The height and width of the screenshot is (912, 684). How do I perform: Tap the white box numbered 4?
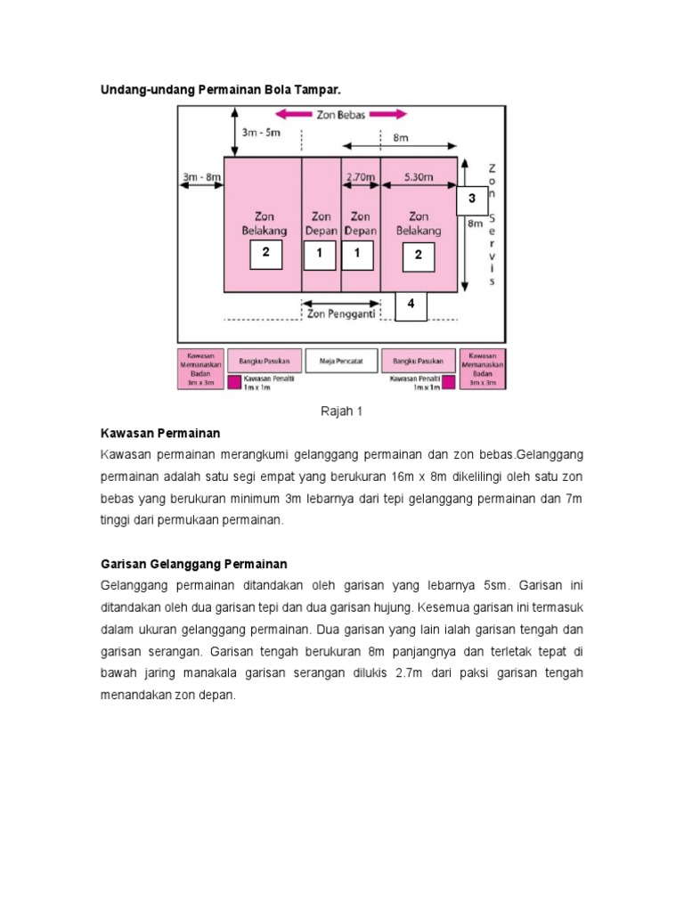tap(411, 305)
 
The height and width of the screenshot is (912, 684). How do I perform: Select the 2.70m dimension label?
tap(360, 176)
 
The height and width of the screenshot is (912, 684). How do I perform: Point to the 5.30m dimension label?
tap(419, 176)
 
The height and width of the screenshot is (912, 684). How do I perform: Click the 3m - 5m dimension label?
tap(261, 133)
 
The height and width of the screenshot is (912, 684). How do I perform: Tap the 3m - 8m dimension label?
tap(200, 176)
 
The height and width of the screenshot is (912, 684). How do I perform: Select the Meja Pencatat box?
tap(342, 361)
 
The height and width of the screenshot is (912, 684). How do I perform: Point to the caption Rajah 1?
tap(342, 411)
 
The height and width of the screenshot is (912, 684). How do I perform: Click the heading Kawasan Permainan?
tap(159, 434)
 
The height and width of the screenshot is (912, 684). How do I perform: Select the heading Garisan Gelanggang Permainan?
tap(192, 564)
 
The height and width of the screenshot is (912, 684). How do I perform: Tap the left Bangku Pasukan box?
tap(265, 361)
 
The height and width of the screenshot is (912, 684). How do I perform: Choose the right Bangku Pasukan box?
tap(419, 361)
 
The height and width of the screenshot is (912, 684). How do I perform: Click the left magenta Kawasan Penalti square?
tap(235, 382)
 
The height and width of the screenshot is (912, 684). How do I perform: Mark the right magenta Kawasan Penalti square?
tap(449, 382)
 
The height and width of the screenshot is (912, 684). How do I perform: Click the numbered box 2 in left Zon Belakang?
tap(265, 254)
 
